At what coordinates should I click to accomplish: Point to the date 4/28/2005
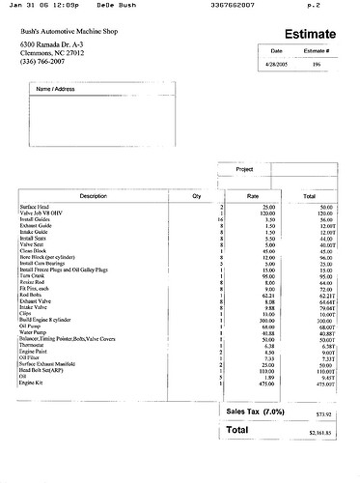pos(277,65)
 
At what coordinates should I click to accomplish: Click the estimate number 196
pos(317,65)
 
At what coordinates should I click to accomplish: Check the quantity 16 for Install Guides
pos(220,220)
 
